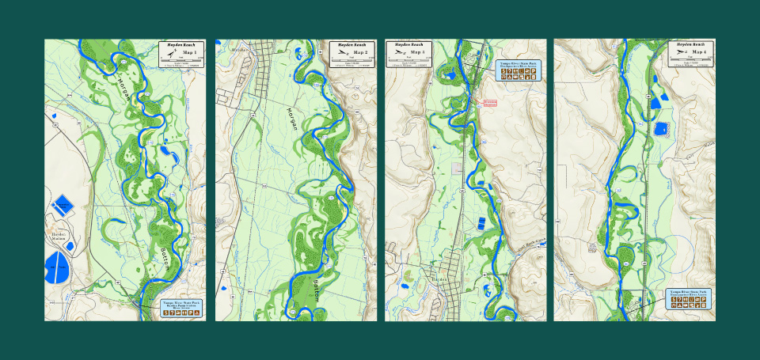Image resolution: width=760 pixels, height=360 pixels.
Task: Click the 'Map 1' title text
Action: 190,53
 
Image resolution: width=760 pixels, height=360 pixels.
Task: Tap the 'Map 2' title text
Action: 361,52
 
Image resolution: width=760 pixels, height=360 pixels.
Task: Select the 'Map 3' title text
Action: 417,53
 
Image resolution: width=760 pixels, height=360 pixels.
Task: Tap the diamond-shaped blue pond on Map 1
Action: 63,206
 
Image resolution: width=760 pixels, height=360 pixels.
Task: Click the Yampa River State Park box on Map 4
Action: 689,297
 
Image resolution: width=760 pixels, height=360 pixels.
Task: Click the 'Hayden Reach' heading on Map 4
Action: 691,45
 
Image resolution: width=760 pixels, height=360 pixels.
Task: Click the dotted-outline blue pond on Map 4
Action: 660,128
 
